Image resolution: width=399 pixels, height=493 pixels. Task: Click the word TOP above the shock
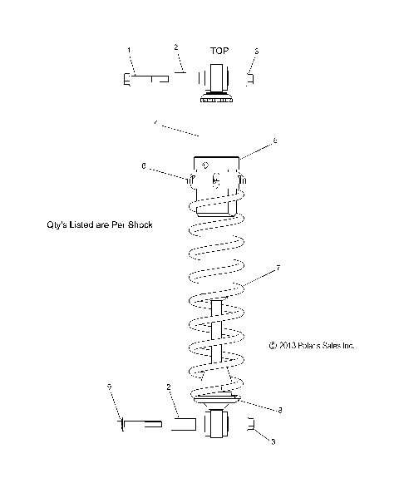point(219,51)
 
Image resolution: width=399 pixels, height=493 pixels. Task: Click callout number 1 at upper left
point(129,51)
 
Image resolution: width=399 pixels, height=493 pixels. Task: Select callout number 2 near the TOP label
point(176,47)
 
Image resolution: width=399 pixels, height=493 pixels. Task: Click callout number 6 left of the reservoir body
point(143,165)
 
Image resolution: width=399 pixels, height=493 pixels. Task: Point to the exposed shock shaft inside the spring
point(217,333)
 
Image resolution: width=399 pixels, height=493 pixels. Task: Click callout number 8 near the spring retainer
point(280,410)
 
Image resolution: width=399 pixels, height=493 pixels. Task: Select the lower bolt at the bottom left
point(141,425)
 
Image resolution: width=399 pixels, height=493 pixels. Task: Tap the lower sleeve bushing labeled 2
point(185,425)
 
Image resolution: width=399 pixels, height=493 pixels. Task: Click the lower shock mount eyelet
point(219,425)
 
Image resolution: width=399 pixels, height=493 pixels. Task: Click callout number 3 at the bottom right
point(271,442)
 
